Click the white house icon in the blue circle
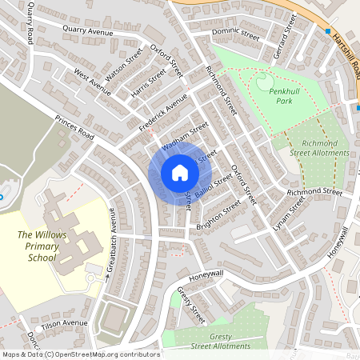click(180, 173)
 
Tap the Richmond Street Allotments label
click(320, 147)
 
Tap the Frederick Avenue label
click(162, 114)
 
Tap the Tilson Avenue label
click(64, 322)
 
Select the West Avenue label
click(92, 81)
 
